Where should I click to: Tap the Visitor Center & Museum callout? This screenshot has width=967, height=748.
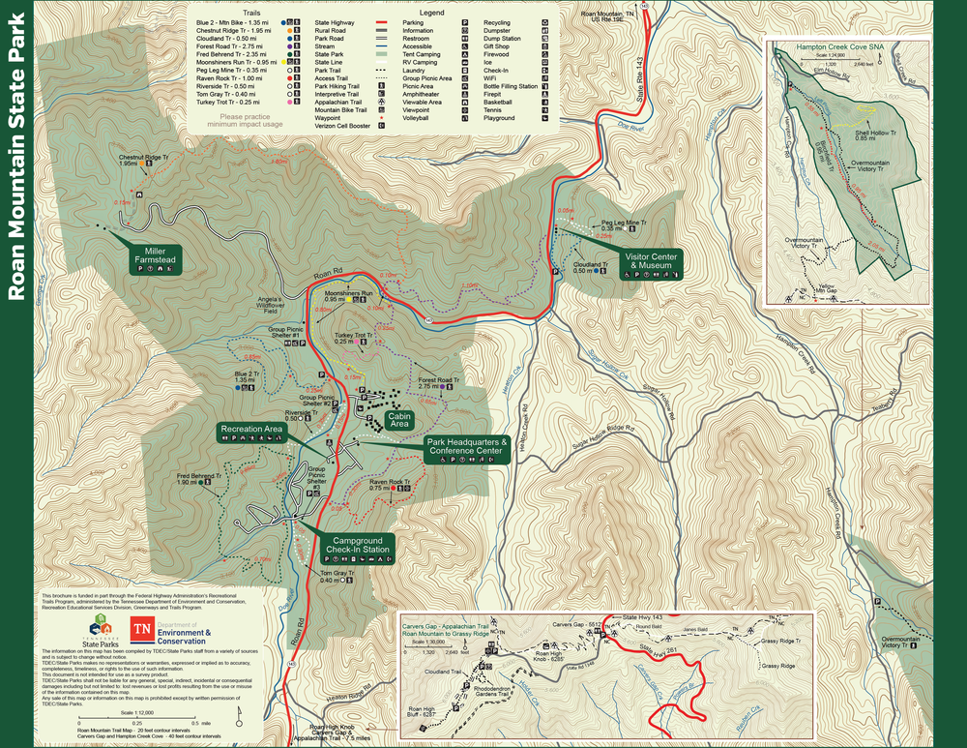coord(653,260)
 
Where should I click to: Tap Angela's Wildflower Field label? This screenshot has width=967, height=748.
coord(269,305)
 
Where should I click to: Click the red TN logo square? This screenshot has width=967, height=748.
coord(142,630)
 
